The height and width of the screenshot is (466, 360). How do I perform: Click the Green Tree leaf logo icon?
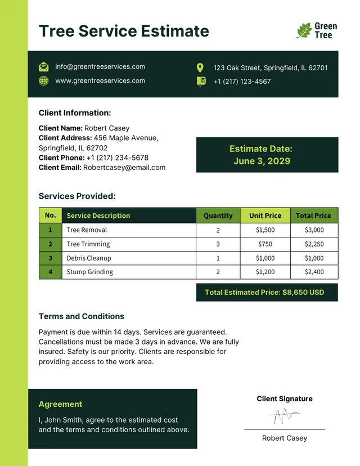click(304, 30)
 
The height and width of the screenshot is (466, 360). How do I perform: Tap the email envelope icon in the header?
click(44, 67)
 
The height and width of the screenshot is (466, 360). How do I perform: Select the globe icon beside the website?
click(44, 80)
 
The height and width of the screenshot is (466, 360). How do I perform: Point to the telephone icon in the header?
click(201, 81)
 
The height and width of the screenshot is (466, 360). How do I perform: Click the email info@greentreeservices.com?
click(100, 66)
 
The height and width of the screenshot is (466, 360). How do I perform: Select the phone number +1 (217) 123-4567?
click(242, 82)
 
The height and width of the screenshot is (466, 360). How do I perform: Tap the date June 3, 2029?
click(262, 161)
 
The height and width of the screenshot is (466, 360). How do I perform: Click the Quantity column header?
click(218, 216)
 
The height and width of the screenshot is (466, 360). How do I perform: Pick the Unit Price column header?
click(265, 216)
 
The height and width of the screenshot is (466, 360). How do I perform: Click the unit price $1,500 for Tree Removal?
click(265, 230)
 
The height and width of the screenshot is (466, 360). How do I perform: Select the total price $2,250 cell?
click(314, 244)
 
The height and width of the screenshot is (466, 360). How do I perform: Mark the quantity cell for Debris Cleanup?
click(218, 258)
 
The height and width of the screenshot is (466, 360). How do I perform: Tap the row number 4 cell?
click(50, 272)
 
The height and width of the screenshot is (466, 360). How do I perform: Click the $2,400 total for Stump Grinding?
click(314, 272)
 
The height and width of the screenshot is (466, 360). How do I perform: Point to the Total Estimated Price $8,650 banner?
click(267, 293)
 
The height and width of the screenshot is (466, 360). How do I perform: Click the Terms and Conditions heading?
click(82, 316)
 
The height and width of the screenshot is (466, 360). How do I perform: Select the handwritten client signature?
click(284, 416)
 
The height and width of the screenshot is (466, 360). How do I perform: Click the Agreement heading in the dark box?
click(60, 404)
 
